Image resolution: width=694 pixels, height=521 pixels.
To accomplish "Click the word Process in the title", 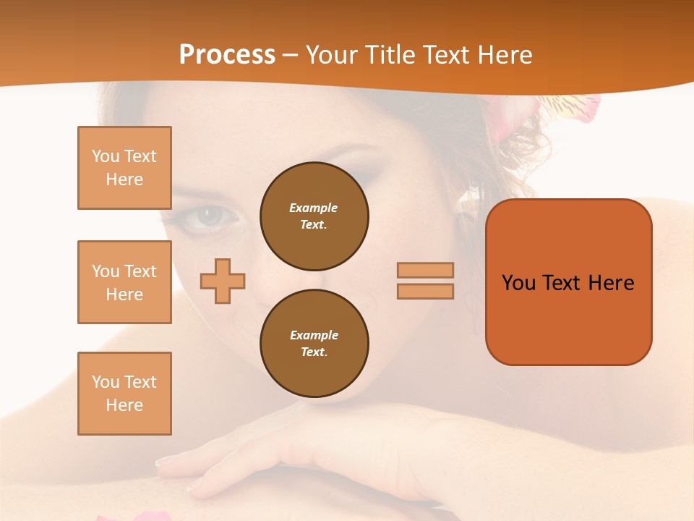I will click(227, 55).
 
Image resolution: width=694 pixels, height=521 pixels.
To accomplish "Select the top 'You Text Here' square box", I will click(124, 168).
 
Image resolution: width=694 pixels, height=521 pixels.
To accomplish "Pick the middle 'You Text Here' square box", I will click(124, 282).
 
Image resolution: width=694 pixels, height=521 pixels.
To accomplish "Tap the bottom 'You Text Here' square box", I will click(124, 394).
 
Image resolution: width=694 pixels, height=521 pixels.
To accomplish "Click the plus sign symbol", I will click(223, 281).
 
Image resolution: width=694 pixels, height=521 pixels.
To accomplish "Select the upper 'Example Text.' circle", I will click(314, 216).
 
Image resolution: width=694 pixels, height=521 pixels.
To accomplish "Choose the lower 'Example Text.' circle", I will click(314, 343).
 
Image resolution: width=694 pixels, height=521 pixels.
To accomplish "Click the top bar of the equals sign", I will click(425, 270).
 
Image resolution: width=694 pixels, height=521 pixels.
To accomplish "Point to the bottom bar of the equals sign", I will click(425, 291).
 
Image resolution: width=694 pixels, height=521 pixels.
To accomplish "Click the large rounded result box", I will click(568, 281).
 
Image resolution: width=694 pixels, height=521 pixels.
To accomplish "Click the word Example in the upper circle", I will click(314, 208).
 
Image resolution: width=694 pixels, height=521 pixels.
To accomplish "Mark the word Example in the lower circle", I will click(314, 335).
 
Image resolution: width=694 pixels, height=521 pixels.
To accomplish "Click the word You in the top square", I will click(105, 156).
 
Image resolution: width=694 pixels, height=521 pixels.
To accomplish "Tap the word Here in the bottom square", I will click(124, 405).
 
